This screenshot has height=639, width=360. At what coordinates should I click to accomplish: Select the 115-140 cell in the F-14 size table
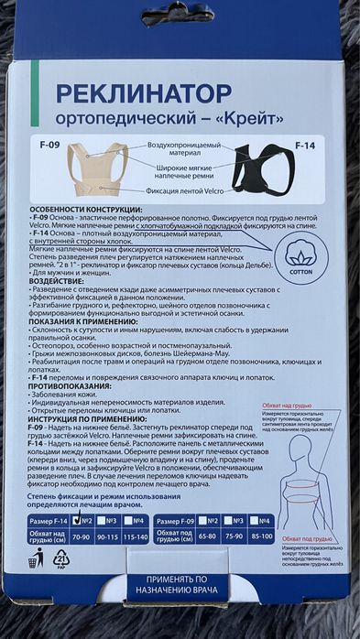tap(135, 538)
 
